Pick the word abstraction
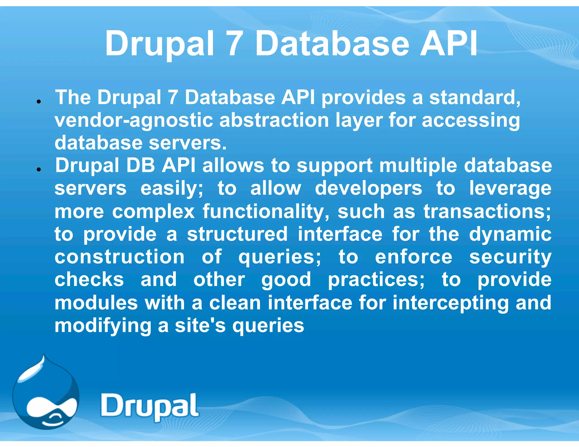click(x=274, y=120)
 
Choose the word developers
click(x=368, y=189)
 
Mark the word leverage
click(x=510, y=189)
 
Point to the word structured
click(x=237, y=234)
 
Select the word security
click(x=510, y=257)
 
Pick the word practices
click(x=376, y=280)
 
